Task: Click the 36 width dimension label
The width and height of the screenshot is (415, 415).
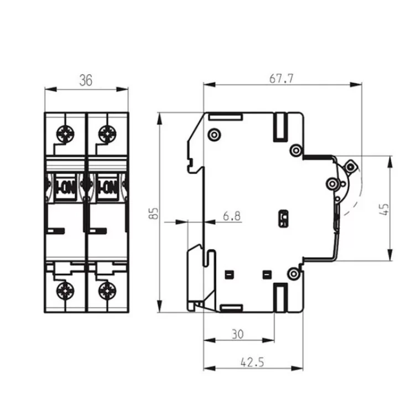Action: (85, 80)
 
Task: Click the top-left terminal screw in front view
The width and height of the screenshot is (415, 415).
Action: (65, 133)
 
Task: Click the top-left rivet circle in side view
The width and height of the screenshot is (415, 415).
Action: (214, 134)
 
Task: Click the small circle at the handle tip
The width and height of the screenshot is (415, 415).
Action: (350, 167)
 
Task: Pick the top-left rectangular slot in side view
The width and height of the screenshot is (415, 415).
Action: (226, 117)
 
